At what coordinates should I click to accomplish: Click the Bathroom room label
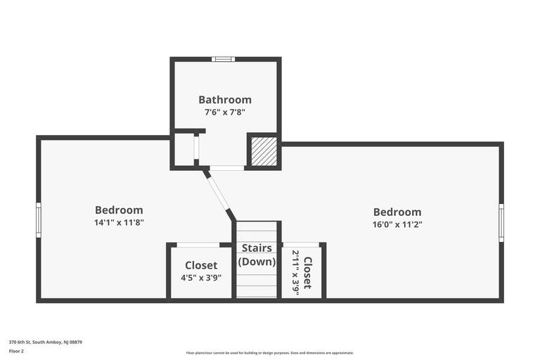click(225, 100)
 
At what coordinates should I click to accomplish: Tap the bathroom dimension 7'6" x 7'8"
click(225, 112)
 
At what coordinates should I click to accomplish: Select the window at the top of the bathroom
click(223, 59)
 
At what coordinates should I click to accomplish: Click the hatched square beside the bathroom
click(264, 151)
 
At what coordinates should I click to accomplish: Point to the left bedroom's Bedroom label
click(119, 210)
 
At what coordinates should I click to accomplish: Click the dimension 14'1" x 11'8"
click(119, 223)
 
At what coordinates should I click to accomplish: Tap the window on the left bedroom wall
click(39, 220)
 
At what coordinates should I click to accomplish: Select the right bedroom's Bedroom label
click(397, 212)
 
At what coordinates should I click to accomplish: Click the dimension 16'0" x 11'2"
click(397, 224)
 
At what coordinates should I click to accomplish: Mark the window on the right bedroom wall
click(501, 223)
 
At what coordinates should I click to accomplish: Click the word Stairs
click(257, 247)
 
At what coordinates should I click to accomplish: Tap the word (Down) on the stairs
click(257, 262)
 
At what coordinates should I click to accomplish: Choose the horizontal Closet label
click(201, 265)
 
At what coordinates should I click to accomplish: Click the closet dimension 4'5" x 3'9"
click(201, 278)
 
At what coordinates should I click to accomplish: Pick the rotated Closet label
click(308, 273)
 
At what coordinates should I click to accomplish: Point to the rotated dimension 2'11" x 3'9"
click(296, 273)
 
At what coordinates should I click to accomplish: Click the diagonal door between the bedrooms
click(217, 193)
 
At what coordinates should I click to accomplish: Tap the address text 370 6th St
click(20, 342)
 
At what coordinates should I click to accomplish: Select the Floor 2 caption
click(16, 352)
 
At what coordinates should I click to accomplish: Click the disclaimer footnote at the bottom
click(270, 353)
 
